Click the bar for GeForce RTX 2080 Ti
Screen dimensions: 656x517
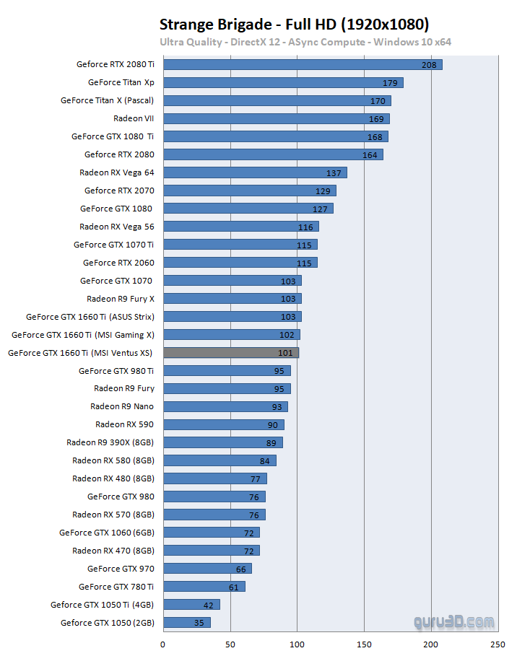tap(303, 64)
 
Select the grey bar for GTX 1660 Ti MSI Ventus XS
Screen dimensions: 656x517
tap(231, 353)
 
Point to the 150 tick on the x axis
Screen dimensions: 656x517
tap(365, 644)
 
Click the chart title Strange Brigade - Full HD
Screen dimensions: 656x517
tap(294, 25)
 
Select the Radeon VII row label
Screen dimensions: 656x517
tap(134, 118)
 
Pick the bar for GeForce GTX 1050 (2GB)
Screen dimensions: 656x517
tap(187, 623)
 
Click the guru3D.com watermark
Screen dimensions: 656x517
tap(454, 621)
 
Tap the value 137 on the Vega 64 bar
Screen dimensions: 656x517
tap(334, 172)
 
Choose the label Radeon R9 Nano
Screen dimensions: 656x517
tap(122, 406)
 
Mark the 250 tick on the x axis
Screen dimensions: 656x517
tap(498, 644)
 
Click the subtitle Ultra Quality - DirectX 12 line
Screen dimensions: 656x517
tap(305, 42)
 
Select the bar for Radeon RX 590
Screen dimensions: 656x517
tap(224, 424)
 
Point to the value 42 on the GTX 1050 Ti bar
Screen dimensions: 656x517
tap(209, 605)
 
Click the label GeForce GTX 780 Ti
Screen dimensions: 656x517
tap(116, 587)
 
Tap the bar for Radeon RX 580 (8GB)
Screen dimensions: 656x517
tap(220, 460)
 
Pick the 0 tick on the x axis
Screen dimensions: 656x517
tap(163, 644)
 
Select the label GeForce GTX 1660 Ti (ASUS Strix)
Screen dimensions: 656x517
tap(90, 317)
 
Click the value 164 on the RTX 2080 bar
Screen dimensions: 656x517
tap(370, 154)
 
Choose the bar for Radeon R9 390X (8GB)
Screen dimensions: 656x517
tap(223, 442)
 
